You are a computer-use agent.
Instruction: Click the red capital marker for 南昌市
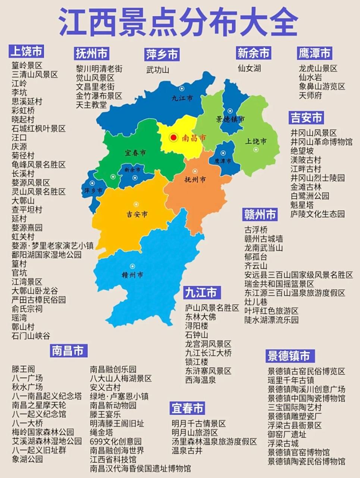[173, 138]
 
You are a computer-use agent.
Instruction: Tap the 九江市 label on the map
[182, 98]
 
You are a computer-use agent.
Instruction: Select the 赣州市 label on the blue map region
[132, 275]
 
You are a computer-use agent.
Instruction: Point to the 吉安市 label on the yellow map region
[137, 214]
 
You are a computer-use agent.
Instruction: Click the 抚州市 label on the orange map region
[195, 180]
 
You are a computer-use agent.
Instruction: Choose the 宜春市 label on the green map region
[135, 153]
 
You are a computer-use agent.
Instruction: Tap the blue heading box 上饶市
[26, 51]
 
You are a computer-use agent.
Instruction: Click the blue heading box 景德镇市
[289, 356]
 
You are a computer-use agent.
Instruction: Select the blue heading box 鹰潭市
[314, 53]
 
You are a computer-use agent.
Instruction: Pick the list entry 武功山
[157, 69]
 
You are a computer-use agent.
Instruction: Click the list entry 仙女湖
[249, 68]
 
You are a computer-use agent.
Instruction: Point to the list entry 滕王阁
[23, 369]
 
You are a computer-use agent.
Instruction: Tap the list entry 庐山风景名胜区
[212, 308]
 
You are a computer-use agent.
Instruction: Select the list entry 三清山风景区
[35, 74]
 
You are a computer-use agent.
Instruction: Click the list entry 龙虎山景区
[318, 68]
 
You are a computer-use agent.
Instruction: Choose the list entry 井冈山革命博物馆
[321, 142]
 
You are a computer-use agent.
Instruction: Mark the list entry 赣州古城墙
[263, 239]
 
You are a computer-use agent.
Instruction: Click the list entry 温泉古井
[187, 451]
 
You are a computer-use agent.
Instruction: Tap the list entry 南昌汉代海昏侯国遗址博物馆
[140, 468]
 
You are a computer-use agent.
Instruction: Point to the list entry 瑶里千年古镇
[291, 380]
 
